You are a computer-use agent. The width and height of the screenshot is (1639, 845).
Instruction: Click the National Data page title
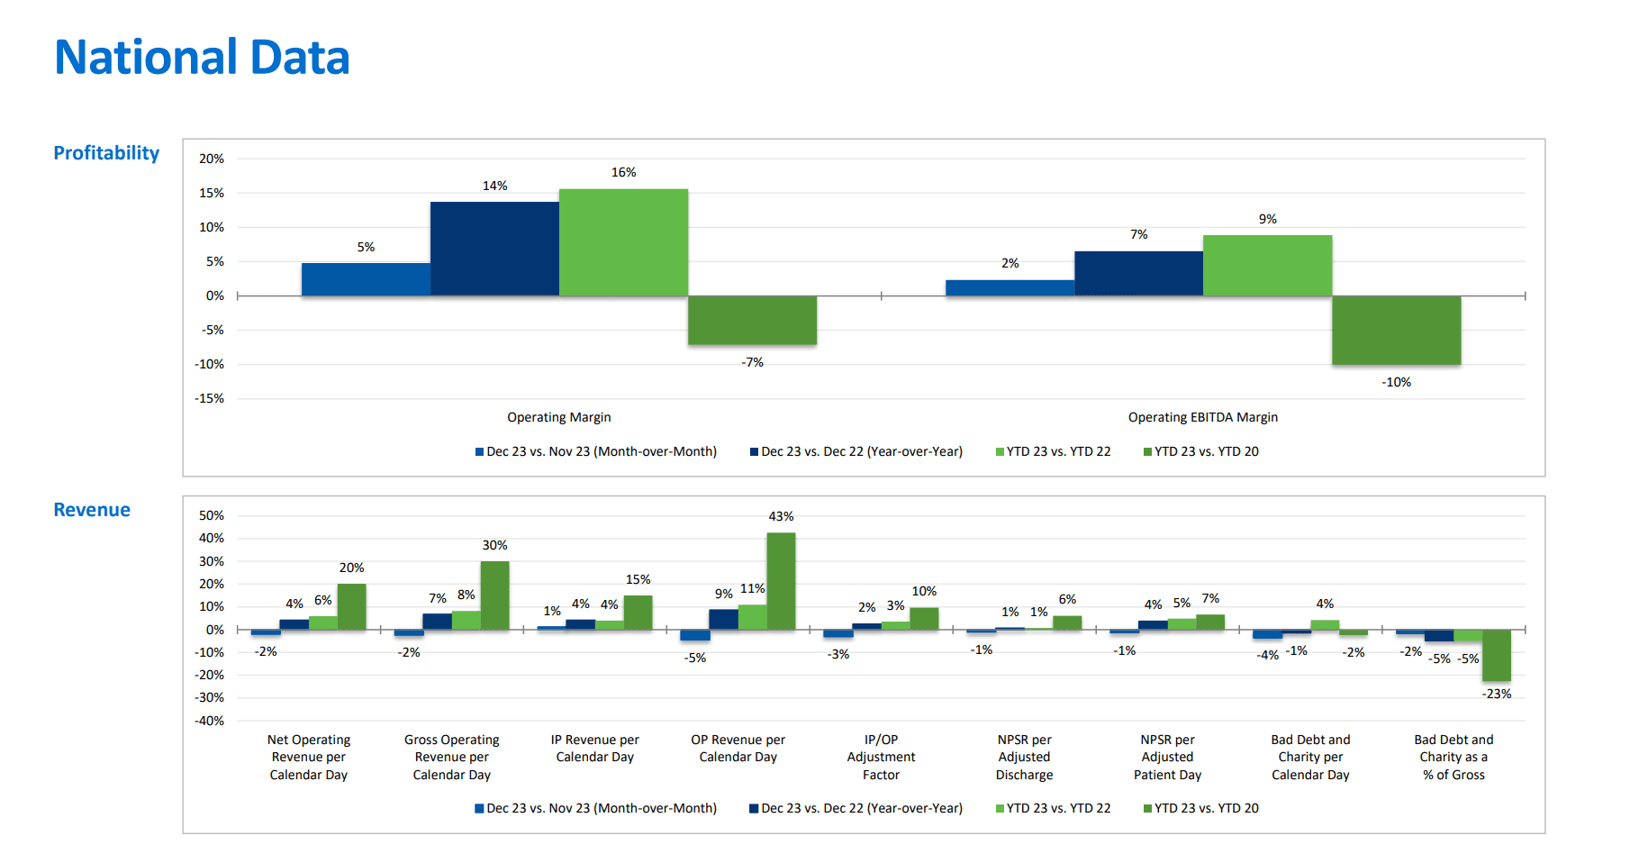(x=202, y=57)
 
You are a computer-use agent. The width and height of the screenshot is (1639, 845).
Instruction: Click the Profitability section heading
(x=106, y=153)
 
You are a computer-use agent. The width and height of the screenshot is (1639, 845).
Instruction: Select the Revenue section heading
(x=92, y=510)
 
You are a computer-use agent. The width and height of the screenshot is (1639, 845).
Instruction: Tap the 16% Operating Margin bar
(x=623, y=242)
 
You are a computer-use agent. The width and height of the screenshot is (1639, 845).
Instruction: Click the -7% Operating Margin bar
(x=752, y=320)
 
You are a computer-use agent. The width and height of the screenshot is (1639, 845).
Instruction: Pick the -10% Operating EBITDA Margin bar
(x=1396, y=330)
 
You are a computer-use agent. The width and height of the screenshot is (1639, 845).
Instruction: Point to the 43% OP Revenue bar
(x=781, y=581)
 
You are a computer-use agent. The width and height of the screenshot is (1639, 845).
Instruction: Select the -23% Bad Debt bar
(x=1496, y=655)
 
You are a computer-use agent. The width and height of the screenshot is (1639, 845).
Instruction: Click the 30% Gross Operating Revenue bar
(x=494, y=595)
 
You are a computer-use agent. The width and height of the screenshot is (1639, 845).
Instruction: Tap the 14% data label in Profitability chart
(x=494, y=186)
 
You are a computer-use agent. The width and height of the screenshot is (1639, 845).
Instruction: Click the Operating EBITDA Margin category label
(x=1202, y=417)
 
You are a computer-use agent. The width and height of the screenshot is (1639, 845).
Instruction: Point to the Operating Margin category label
(x=558, y=417)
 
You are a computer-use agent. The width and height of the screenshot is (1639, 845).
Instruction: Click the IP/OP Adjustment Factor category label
(x=881, y=757)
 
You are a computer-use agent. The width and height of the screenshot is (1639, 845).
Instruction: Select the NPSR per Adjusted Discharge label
(x=1024, y=757)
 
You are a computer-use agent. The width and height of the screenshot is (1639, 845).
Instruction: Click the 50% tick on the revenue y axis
(x=212, y=515)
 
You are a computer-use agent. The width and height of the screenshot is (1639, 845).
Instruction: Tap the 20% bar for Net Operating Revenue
(x=351, y=606)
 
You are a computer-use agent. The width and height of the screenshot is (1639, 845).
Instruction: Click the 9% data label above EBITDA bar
(x=1267, y=219)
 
